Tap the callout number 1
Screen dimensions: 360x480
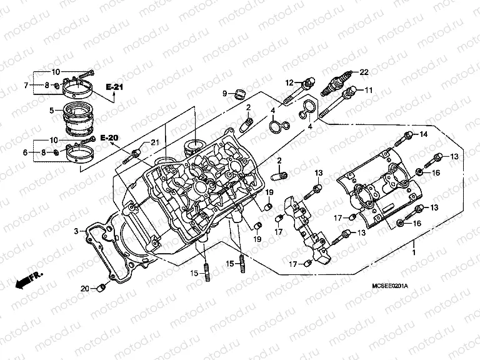[413, 254]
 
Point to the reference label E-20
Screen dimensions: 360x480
[109, 137]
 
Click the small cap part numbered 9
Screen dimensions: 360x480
[238, 94]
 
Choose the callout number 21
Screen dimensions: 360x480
[156, 144]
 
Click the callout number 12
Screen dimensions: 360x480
[290, 82]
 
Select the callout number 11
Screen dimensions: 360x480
[369, 90]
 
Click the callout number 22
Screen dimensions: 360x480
[364, 71]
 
